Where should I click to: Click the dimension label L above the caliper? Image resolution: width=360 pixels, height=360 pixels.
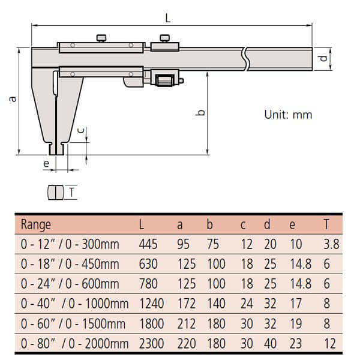tap(167, 18)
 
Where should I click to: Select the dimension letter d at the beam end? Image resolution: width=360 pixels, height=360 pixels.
tap(322, 59)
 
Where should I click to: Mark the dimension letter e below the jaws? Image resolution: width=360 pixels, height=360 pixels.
tap(46, 163)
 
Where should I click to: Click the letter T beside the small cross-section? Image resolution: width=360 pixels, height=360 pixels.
tap(72, 193)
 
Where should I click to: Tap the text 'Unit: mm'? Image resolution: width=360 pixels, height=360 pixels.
tap(288, 115)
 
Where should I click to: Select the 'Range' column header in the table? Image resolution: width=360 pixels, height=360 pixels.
tap(36, 225)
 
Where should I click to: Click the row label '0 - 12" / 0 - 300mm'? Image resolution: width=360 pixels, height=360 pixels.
tap(70, 244)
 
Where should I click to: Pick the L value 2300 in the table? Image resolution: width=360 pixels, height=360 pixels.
tap(152, 344)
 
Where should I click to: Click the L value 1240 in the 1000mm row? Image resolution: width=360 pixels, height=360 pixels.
tap(152, 304)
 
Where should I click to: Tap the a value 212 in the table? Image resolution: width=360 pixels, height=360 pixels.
tap(187, 324)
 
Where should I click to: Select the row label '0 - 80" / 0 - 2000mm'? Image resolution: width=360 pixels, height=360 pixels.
tap(74, 344)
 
